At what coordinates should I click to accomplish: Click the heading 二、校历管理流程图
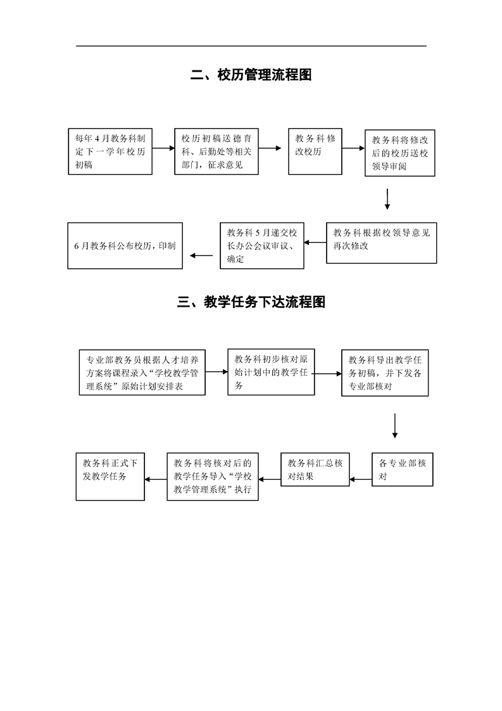click(x=251, y=75)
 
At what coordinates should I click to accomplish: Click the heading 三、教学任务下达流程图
click(x=251, y=302)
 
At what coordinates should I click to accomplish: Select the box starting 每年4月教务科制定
click(x=110, y=151)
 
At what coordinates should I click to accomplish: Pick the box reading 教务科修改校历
click(x=315, y=151)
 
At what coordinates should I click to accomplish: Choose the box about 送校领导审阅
click(x=400, y=154)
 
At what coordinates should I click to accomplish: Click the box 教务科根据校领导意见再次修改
click(x=381, y=242)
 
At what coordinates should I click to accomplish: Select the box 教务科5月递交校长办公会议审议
click(x=261, y=245)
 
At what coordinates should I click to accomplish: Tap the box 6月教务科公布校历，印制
click(x=125, y=245)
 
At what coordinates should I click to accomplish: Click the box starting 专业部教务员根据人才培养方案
click(x=142, y=372)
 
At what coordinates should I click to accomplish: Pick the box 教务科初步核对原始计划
click(x=271, y=371)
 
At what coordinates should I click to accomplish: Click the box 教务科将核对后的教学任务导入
click(x=213, y=477)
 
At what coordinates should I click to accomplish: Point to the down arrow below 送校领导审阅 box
click(x=387, y=198)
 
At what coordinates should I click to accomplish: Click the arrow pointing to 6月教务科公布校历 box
click(x=201, y=256)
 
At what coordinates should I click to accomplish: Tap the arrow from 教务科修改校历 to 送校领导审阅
click(x=353, y=149)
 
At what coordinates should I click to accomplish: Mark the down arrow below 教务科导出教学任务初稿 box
click(x=394, y=425)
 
